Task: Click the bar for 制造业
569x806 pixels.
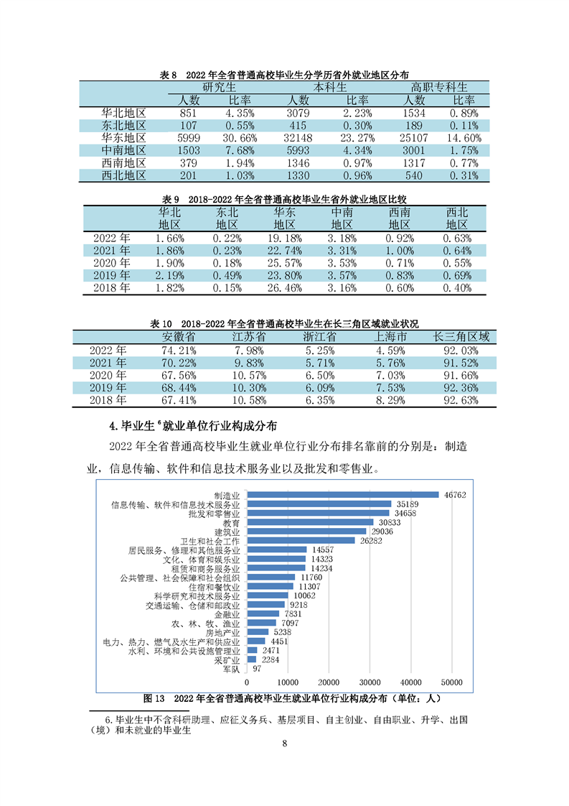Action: (342, 494)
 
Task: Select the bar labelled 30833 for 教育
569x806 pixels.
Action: (310, 522)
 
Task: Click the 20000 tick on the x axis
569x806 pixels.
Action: (329, 681)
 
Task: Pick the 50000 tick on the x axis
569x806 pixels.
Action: (451, 681)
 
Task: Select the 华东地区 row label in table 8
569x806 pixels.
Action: (123, 137)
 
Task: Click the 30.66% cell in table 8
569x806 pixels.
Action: (236, 137)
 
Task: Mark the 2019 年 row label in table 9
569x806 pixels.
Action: (111, 275)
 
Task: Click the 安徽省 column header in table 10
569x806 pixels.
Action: (179, 337)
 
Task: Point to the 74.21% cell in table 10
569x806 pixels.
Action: (179, 350)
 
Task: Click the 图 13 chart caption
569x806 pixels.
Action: (291, 697)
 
